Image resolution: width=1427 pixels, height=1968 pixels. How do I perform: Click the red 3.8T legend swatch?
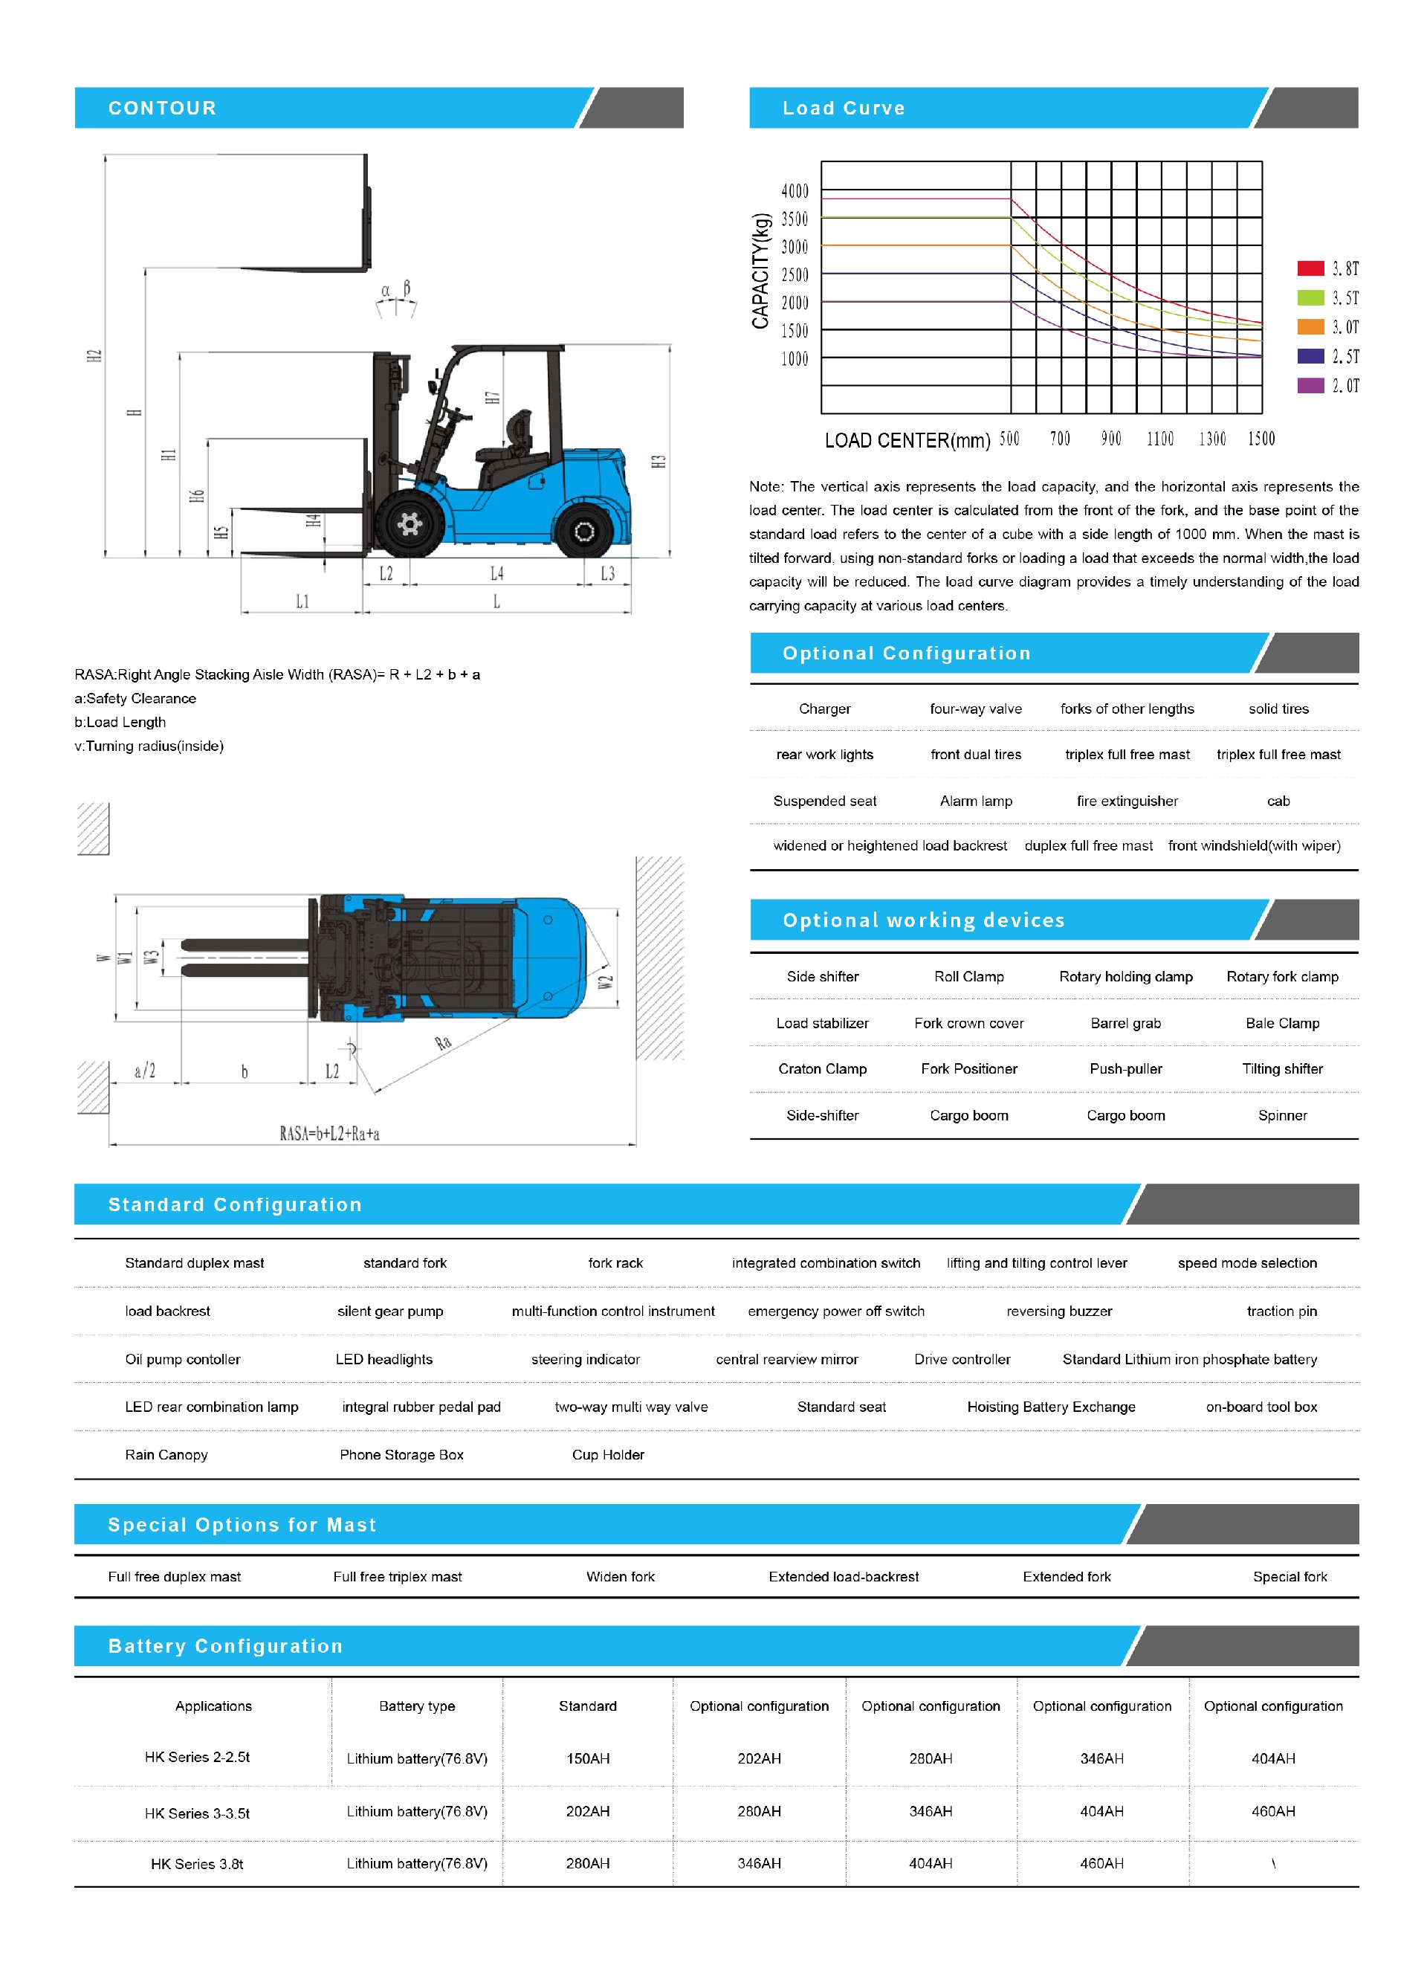tap(1310, 268)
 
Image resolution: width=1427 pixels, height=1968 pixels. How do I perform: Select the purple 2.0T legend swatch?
tap(1310, 385)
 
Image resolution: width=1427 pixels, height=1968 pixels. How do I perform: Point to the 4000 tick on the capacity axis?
tap(795, 191)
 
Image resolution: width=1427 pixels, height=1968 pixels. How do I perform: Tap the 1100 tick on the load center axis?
tap(1160, 439)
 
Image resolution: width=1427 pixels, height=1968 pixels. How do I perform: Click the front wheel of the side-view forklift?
tap(409, 524)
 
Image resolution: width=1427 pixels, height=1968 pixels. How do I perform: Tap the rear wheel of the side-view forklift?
tap(584, 531)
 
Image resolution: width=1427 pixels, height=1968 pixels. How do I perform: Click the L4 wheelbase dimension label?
tap(496, 573)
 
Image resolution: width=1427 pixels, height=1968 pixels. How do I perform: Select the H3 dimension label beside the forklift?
tap(659, 462)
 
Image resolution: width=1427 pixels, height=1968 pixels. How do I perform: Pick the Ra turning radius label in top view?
tap(443, 1042)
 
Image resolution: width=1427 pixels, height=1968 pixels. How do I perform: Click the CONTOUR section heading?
tap(162, 109)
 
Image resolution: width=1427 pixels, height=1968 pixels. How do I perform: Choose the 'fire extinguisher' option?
tap(1127, 801)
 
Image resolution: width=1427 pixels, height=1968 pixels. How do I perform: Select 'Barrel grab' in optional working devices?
tap(1125, 1023)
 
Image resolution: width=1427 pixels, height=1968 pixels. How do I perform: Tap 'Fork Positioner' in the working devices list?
tap(969, 1069)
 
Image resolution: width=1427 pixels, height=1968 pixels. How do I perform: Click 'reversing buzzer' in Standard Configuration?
tap(1058, 1311)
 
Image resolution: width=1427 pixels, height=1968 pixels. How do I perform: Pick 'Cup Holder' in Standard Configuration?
tap(608, 1455)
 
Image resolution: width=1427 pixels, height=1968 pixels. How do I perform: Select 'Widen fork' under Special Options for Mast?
tap(621, 1577)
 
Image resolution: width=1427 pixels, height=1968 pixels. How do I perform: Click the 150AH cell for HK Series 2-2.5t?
tap(587, 1759)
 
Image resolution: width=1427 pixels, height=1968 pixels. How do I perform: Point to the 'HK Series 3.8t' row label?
tap(197, 1864)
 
